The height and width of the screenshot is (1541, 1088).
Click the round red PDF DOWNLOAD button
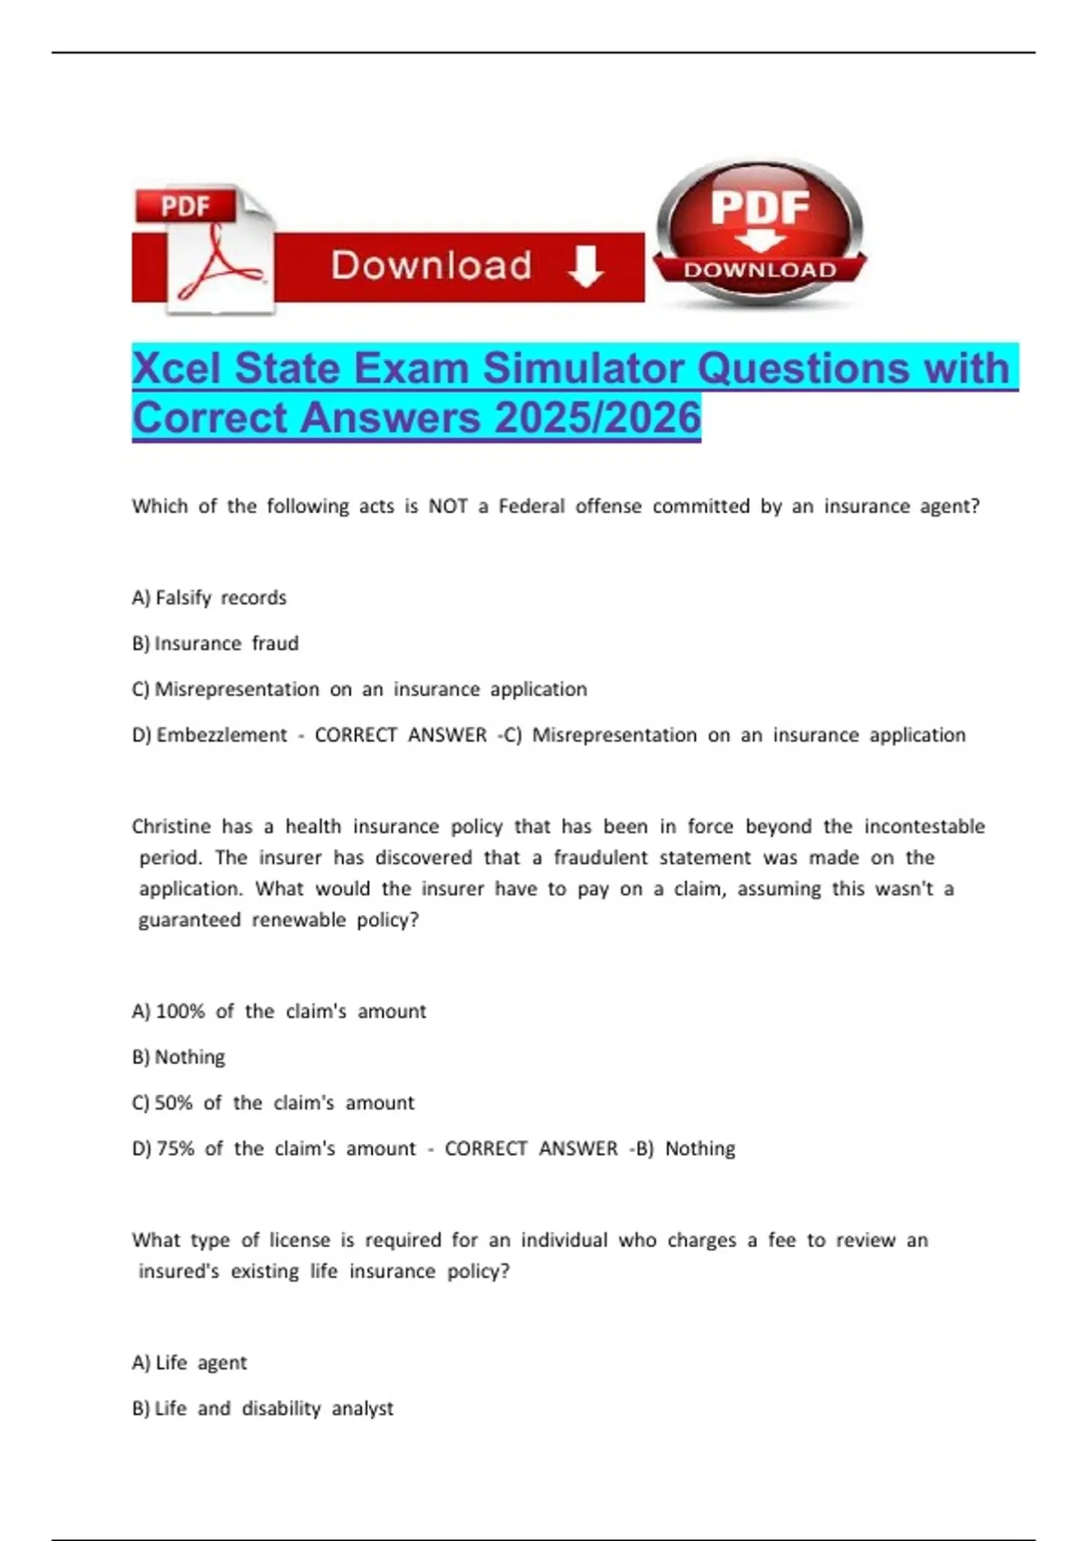click(760, 234)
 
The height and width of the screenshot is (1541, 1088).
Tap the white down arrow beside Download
click(585, 267)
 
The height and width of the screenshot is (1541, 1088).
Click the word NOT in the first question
click(448, 507)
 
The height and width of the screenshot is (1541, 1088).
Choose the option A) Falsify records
click(209, 598)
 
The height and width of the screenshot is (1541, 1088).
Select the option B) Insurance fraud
click(216, 644)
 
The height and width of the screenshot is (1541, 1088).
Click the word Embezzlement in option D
click(221, 735)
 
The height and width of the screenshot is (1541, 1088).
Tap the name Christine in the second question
click(170, 827)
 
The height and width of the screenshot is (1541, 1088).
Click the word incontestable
click(924, 827)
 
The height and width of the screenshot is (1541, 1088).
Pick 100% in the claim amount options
click(180, 1012)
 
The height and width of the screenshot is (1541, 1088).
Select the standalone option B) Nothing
click(179, 1057)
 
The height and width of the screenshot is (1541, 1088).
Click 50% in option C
click(174, 1103)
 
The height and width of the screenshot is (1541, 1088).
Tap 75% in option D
click(175, 1148)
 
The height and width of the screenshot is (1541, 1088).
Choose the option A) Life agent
click(189, 1362)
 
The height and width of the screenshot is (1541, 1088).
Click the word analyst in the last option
click(363, 1409)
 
